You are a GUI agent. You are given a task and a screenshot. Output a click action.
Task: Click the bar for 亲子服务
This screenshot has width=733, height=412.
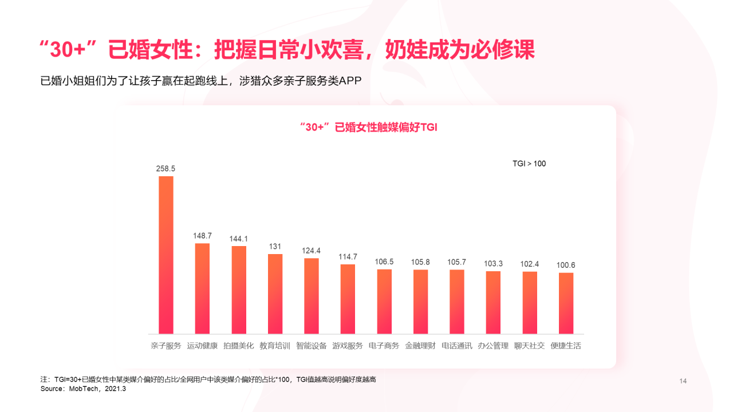[165, 255]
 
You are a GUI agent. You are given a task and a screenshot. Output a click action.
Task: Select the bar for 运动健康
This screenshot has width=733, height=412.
[202, 288]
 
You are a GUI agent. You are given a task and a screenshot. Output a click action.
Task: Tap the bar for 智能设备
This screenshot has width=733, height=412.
[312, 296]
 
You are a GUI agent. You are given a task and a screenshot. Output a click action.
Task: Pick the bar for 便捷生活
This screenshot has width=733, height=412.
[566, 303]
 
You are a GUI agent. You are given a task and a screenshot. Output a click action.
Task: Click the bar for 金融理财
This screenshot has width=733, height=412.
[420, 302]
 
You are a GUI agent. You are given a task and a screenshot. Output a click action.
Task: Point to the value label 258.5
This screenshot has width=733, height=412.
[165, 169]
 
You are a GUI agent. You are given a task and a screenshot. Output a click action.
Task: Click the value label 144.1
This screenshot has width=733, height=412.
[239, 239]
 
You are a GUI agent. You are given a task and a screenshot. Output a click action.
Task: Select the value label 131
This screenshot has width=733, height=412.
[275, 247]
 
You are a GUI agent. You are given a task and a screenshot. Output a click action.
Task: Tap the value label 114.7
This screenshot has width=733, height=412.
[348, 257]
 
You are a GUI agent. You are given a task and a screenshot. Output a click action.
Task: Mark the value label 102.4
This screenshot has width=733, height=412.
[530, 264]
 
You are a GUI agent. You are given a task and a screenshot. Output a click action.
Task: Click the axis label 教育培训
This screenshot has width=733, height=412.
[275, 346]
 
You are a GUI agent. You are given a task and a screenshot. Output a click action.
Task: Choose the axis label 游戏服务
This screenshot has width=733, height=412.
[348, 346]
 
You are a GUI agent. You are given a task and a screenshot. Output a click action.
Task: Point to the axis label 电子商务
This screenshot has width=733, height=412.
[384, 346]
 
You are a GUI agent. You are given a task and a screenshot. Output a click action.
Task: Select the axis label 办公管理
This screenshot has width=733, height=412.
[493, 346]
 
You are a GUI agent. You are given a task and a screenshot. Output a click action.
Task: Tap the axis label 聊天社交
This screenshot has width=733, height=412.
[530, 346]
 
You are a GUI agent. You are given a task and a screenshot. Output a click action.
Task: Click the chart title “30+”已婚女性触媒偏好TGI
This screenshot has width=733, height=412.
[368, 128]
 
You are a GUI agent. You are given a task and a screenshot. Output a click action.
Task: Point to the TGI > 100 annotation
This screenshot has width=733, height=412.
[529, 164]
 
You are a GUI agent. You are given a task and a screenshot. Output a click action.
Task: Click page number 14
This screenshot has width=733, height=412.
[683, 381]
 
